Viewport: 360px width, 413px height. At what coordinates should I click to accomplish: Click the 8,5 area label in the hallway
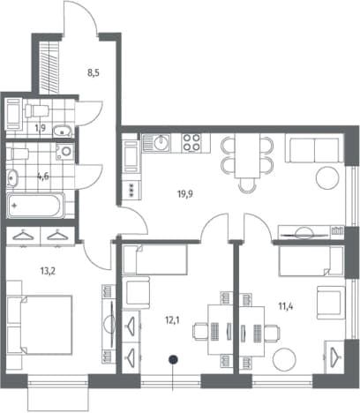94,73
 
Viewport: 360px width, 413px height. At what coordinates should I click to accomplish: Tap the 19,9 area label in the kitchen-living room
185,194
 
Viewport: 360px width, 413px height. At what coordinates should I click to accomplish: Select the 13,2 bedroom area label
48,271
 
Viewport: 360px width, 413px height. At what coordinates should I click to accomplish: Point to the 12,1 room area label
172,320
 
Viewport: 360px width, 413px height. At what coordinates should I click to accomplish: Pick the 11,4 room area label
286,306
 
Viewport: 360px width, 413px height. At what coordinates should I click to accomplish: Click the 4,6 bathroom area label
43,176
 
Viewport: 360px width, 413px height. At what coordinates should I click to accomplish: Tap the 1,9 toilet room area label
41,128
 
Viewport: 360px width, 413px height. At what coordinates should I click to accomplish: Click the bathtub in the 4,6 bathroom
35,206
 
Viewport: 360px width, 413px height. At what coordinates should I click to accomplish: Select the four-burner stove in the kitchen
191,143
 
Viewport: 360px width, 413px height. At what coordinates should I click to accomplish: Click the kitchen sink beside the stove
156,143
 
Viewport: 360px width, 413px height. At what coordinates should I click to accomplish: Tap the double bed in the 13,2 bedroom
43,325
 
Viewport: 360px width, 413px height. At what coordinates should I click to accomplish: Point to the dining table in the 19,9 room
247,155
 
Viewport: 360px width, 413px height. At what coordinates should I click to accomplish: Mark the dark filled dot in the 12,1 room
174,359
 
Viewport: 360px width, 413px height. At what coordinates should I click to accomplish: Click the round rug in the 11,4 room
284,360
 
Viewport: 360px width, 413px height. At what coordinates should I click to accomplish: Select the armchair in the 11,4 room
330,303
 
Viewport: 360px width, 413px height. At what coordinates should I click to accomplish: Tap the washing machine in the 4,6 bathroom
65,152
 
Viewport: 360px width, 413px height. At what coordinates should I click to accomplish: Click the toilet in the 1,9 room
36,111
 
